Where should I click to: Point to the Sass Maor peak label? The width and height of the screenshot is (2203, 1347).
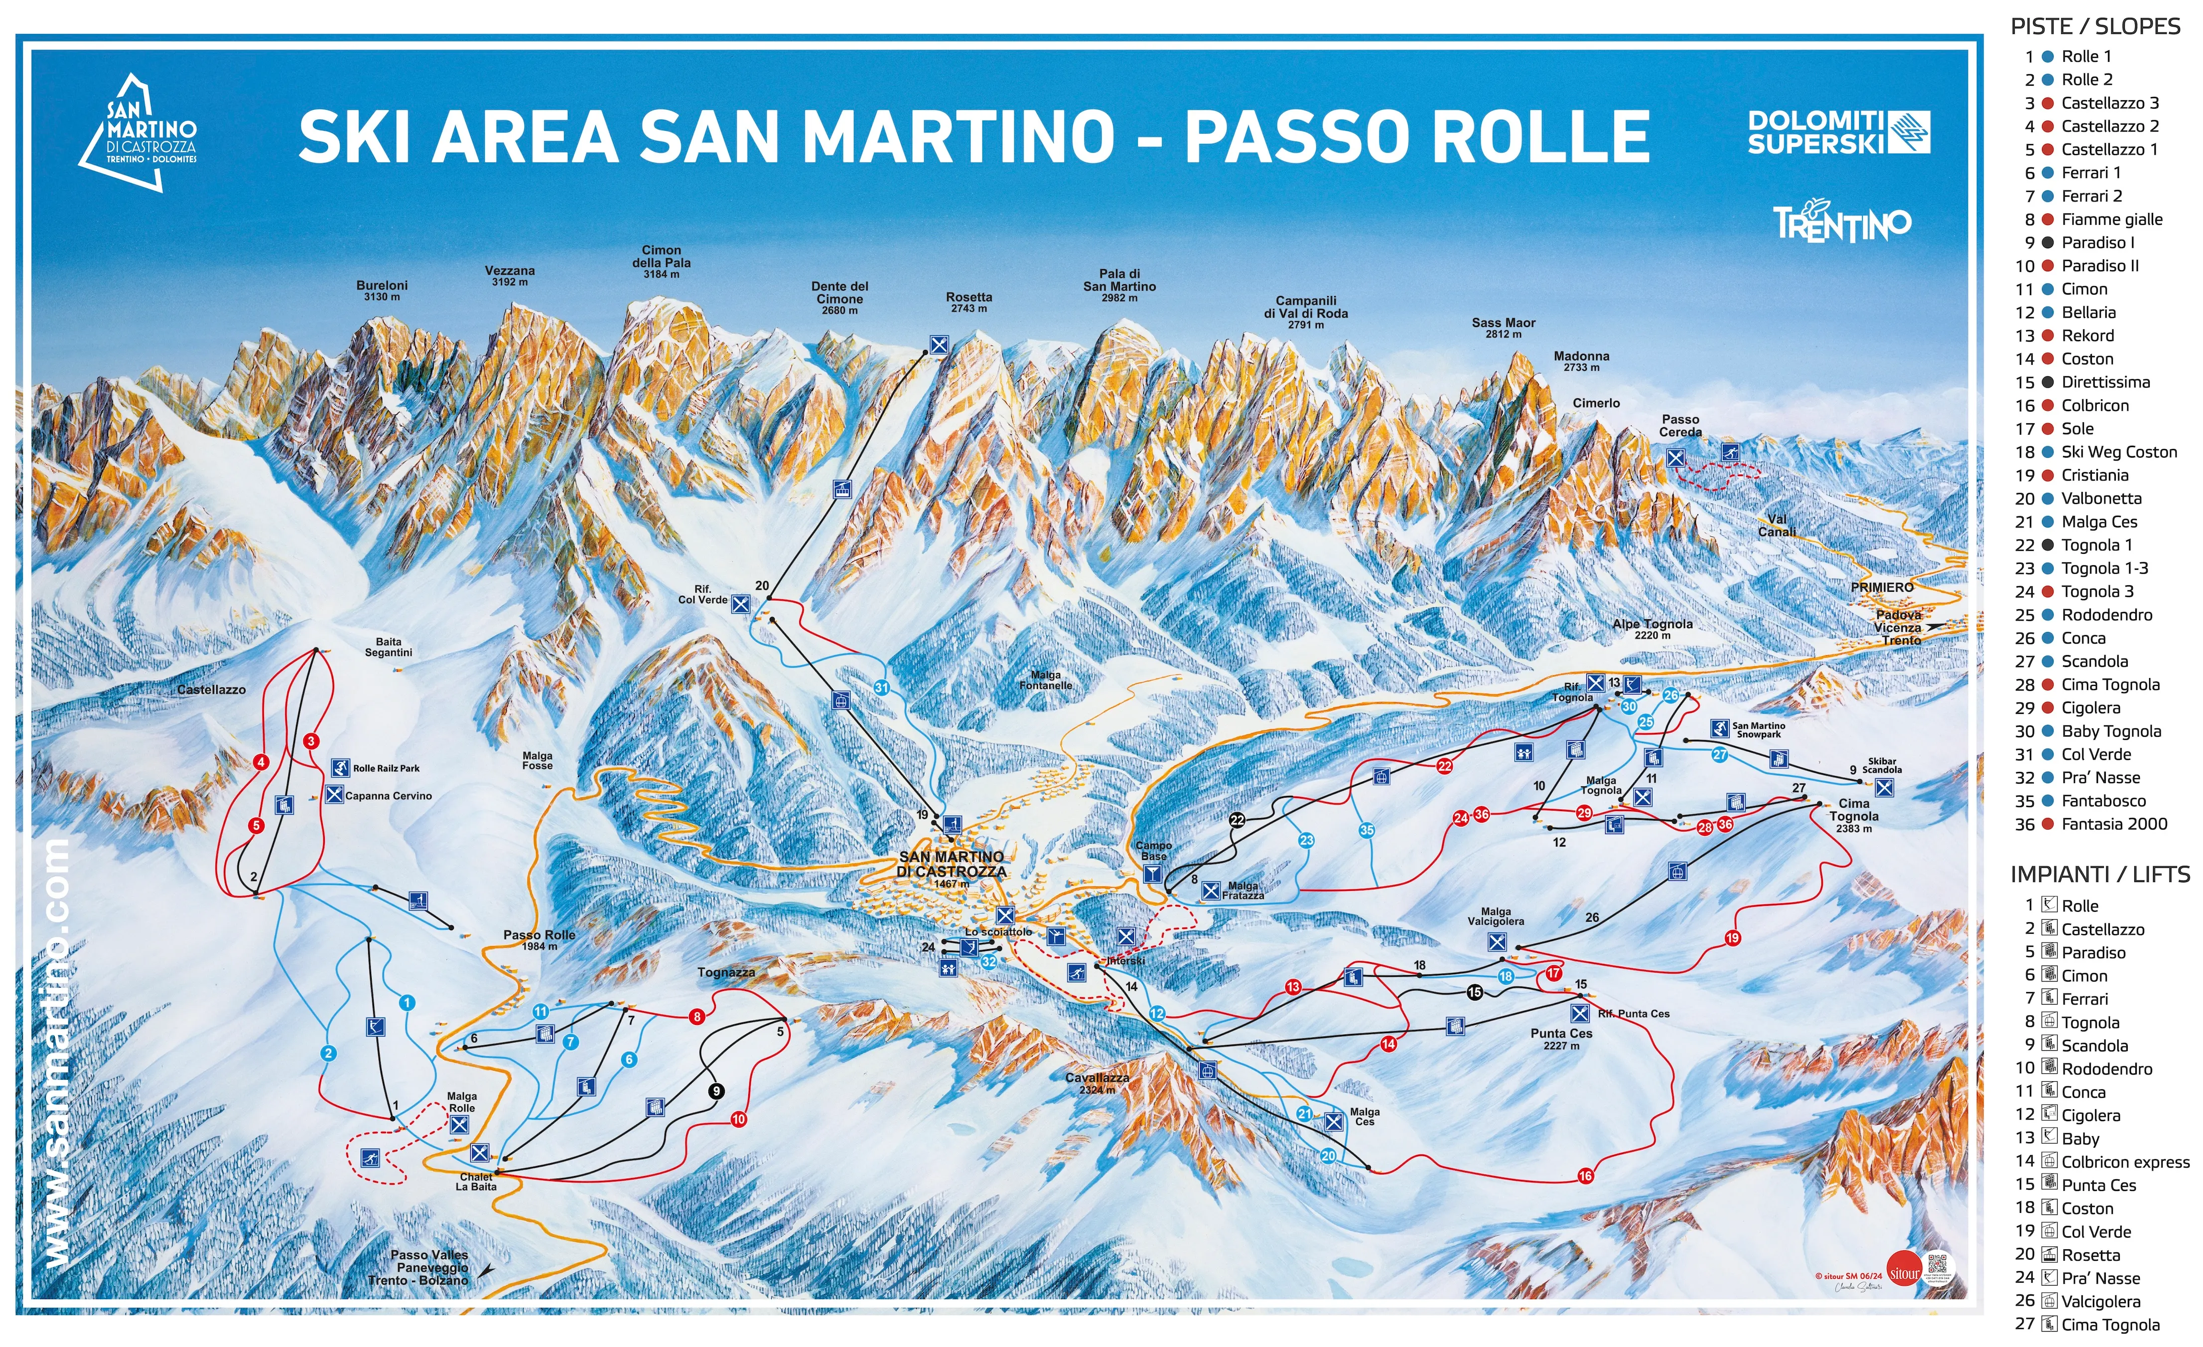[x=1503, y=328]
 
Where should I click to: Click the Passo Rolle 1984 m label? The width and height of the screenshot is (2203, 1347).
[x=539, y=939]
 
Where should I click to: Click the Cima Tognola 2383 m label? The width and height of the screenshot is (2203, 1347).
[x=1853, y=815]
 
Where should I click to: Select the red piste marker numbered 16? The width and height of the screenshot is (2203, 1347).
[x=1585, y=1176]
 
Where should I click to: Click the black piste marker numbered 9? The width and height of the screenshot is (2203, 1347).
[x=716, y=1091]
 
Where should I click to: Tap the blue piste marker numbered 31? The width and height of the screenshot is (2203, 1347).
[x=882, y=688]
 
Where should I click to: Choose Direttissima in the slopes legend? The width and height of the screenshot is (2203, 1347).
[x=2105, y=382]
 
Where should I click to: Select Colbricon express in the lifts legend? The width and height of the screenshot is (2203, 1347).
[x=2124, y=1162]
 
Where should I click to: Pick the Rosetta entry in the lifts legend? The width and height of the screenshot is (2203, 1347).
[x=2090, y=1255]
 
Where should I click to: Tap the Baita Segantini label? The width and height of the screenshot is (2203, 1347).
[x=388, y=647]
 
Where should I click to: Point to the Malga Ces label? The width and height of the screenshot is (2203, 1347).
[x=1365, y=1116]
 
